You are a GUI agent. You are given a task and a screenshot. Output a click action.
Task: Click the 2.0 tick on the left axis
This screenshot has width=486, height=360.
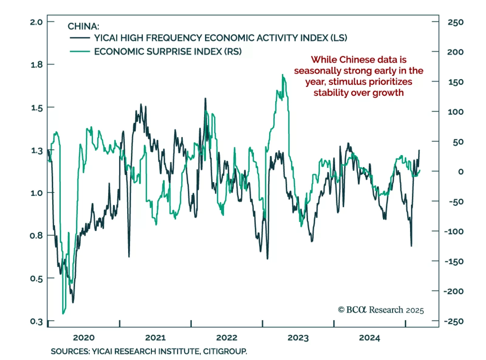(36, 22)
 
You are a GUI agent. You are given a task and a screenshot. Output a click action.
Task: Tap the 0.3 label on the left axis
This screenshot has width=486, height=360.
(36, 321)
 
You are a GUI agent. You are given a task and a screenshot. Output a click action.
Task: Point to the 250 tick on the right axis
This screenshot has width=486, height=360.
(455, 22)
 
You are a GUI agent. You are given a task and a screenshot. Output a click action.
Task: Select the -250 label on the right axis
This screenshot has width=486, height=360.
(454, 321)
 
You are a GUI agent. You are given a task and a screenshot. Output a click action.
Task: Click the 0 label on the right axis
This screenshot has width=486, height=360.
(461, 172)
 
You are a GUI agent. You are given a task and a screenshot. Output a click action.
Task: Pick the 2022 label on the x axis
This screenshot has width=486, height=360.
(227, 338)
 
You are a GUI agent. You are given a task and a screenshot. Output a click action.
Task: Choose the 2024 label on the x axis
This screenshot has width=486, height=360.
(369, 338)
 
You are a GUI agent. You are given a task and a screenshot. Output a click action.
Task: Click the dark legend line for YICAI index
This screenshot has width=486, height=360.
(80, 38)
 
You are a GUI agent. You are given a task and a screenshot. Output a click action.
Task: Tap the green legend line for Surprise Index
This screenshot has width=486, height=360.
(80, 52)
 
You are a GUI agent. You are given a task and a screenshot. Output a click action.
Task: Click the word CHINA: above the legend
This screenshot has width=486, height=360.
(83, 26)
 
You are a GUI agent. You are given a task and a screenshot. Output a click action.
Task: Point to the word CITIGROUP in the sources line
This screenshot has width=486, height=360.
(225, 352)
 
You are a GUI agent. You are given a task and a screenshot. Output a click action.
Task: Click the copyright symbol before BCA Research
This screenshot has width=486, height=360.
(341, 310)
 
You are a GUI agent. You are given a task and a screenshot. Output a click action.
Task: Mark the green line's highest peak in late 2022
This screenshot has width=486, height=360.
(282, 75)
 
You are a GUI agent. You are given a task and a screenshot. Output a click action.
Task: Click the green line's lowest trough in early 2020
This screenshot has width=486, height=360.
(63, 314)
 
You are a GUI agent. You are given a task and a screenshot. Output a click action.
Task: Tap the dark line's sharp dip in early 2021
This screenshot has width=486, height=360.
(129, 256)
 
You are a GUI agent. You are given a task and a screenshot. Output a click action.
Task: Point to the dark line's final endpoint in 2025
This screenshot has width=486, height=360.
(419, 150)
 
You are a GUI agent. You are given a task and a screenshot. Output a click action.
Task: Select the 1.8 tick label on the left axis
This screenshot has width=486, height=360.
(36, 65)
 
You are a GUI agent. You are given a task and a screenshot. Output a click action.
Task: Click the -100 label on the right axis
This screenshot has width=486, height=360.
(454, 232)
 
